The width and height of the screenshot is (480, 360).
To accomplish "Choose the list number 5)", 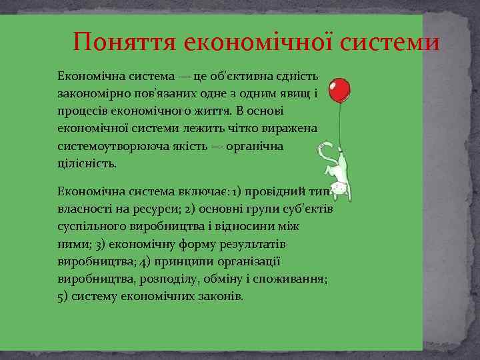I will (x=64, y=295).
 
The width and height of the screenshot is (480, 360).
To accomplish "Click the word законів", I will (x=221, y=295).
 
